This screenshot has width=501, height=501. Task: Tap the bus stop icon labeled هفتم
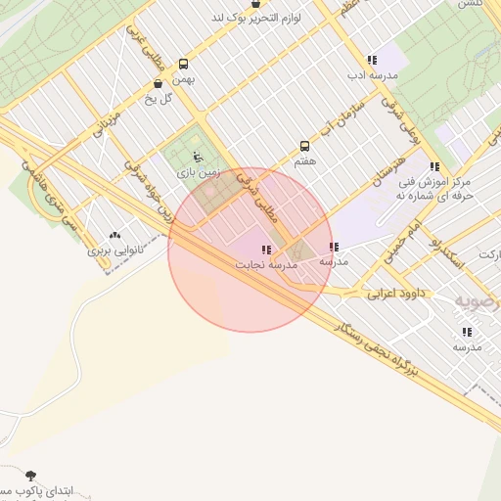[304, 146]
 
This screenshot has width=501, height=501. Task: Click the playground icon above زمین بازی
[199, 157]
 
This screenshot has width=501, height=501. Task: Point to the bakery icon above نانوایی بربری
[116, 235]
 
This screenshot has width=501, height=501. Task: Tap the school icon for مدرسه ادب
[371, 61]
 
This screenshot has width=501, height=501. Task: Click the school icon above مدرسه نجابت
[266, 250]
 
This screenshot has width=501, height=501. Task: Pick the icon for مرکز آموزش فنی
[433, 166]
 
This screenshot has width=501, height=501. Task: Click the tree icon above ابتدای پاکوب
[31, 474]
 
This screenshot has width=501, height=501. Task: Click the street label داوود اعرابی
[396, 293]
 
